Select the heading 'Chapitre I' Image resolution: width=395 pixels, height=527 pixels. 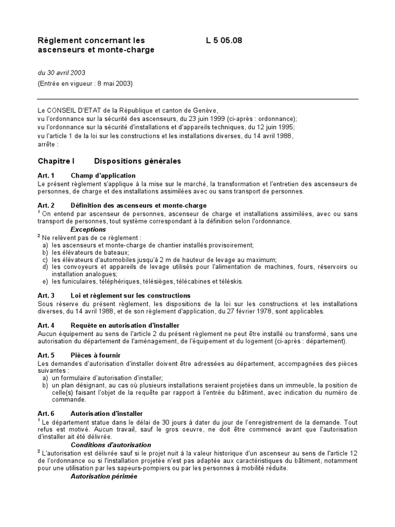click(57, 161)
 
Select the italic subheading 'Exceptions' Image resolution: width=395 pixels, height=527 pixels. click(88, 229)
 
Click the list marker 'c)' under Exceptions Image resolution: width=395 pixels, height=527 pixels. click(45, 259)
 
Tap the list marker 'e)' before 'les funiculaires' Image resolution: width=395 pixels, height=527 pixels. click(45, 282)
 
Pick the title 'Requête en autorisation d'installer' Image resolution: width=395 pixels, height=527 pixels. click(125, 325)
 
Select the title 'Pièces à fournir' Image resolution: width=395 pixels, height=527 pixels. click(96, 355)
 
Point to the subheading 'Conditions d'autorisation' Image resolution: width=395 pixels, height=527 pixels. click(111, 444)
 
